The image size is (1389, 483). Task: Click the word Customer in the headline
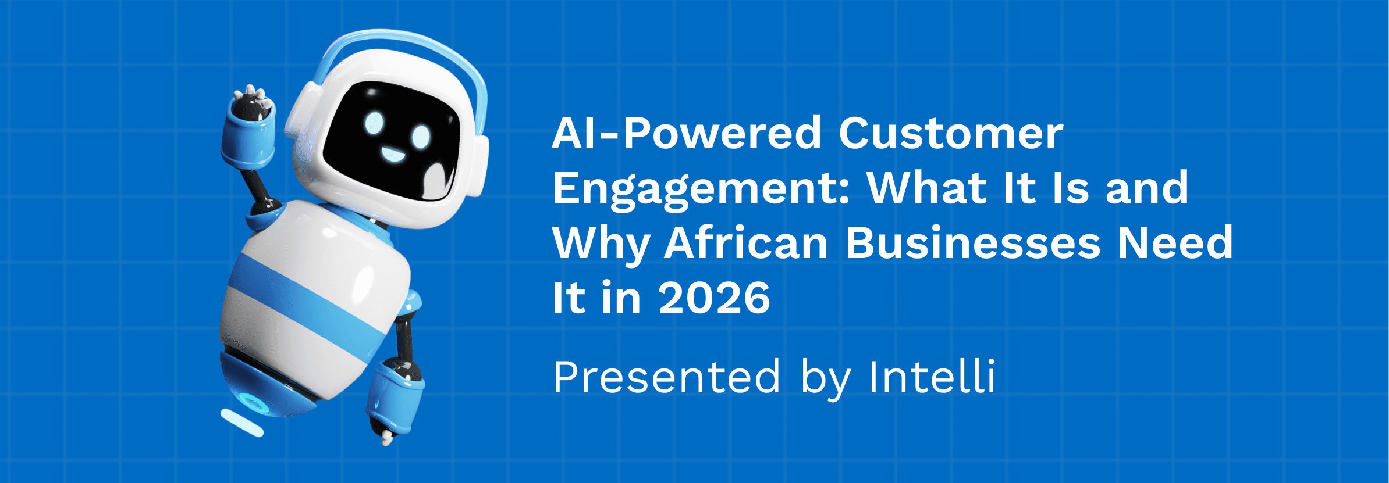951,134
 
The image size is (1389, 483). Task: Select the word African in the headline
747,243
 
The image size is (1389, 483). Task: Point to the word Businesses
972,243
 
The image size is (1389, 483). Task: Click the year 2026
715,298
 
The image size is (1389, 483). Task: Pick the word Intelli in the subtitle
932,377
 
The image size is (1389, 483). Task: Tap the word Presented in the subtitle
666,377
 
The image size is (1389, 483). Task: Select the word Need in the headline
1175,243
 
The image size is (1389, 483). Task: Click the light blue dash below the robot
242,423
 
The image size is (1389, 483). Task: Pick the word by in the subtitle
822,378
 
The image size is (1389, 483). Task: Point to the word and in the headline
1146,189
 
